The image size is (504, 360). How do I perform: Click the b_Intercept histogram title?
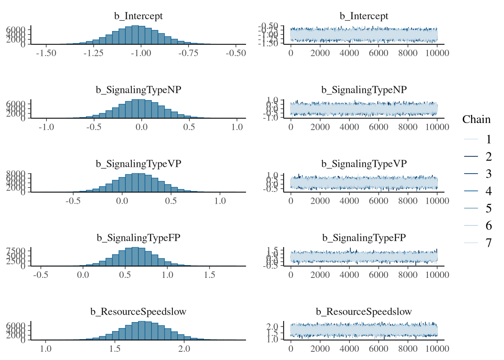138,16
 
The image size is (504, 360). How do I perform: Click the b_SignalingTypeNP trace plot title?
364,90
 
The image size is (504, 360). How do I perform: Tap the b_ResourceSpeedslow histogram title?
138,312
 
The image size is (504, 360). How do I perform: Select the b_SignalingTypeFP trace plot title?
364,238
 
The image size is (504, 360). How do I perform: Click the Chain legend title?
476,120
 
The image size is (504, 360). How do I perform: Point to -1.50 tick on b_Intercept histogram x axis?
46,53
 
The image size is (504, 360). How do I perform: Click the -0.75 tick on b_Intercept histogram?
188,53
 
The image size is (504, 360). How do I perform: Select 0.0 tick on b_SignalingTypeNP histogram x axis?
141,127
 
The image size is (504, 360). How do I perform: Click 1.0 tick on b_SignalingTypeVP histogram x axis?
220,201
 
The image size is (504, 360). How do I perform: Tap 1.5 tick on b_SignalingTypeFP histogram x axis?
210,275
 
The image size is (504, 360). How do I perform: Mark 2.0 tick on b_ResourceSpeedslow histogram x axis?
184,349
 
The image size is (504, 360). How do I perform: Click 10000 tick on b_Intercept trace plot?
437,53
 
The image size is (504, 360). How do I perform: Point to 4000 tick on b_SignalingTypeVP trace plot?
349,201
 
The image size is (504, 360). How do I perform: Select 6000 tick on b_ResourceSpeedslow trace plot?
378,349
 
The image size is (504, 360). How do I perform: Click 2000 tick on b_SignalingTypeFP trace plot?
320,275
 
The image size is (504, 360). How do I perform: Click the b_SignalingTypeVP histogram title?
138,164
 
